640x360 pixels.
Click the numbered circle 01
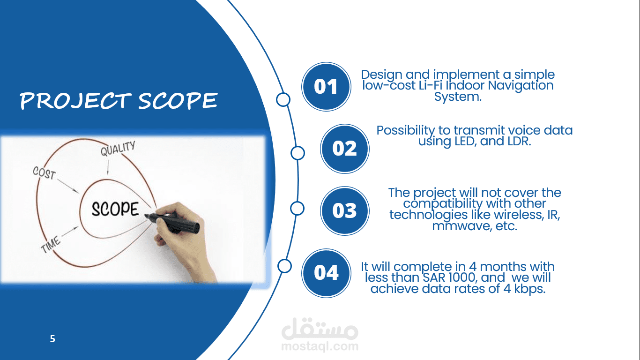click(x=326, y=87)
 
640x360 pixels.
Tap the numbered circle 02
click(x=344, y=149)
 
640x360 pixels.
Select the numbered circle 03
click(x=344, y=211)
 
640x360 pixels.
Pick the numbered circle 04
click(x=326, y=273)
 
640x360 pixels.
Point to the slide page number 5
click(x=52, y=339)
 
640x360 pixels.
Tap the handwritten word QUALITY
click(x=118, y=149)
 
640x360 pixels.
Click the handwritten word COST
click(x=44, y=172)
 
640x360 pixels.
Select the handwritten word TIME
click(x=51, y=245)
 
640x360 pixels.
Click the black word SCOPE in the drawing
click(x=115, y=209)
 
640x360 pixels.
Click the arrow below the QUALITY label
click(x=108, y=167)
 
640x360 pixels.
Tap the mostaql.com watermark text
click(x=320, y=346)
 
